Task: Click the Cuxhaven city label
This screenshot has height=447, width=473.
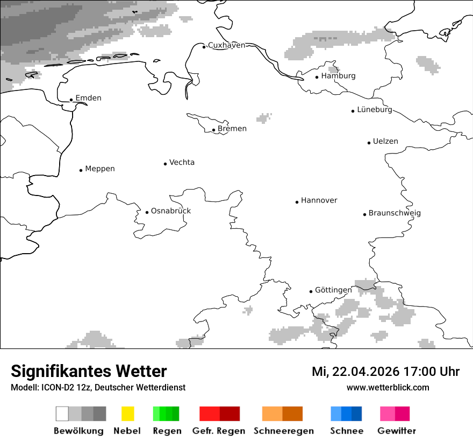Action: coord(226,45)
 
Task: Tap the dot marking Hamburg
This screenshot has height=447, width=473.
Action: coord(317,77)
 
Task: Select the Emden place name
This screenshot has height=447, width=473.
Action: coord(88,98)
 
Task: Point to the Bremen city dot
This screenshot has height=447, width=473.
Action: coord(214,130)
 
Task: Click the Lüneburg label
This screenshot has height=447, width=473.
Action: coord(375,110)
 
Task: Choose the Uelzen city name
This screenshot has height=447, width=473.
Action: coord(385,142)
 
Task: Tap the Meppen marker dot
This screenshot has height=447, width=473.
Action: coord(81,170)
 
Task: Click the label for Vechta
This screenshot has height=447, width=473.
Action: coord(182,163)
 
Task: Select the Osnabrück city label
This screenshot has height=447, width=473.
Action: coord(171,211)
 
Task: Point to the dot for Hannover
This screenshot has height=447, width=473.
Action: coord(297,202)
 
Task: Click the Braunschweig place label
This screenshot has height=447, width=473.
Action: coord(395,213)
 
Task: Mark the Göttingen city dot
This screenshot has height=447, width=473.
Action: coord(311,291)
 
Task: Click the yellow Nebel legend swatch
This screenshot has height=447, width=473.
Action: coord(127,414)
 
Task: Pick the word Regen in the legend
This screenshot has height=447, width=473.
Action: coord(167,431)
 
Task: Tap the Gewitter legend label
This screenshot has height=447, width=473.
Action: coord(397,431)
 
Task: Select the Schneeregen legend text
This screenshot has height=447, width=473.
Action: coord(283,431)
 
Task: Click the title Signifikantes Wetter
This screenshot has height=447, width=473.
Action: coord(89,371)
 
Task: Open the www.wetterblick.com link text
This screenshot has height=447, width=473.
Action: coord(388,387)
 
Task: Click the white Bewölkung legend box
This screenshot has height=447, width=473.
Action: coord(62,414)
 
